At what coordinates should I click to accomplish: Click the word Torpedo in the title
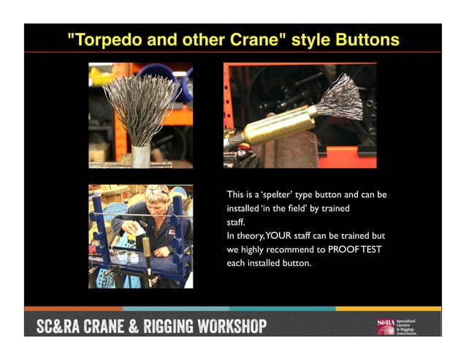tap(104, 39)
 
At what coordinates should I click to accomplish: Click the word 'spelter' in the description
tap(278, 195)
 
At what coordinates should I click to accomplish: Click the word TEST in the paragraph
tap(373, 250)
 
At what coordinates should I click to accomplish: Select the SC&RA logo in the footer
tap(386, 326)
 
